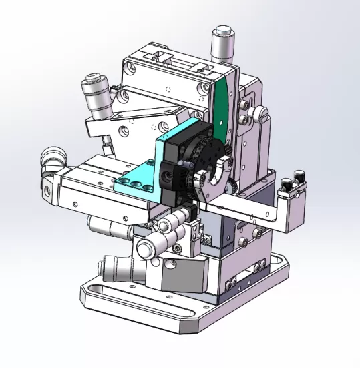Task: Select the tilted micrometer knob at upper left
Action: pos(96,93)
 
